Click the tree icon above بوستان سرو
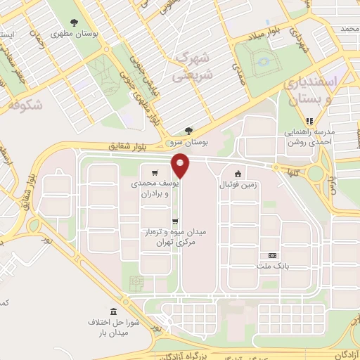(188, 130)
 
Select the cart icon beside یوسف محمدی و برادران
(155, 172)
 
